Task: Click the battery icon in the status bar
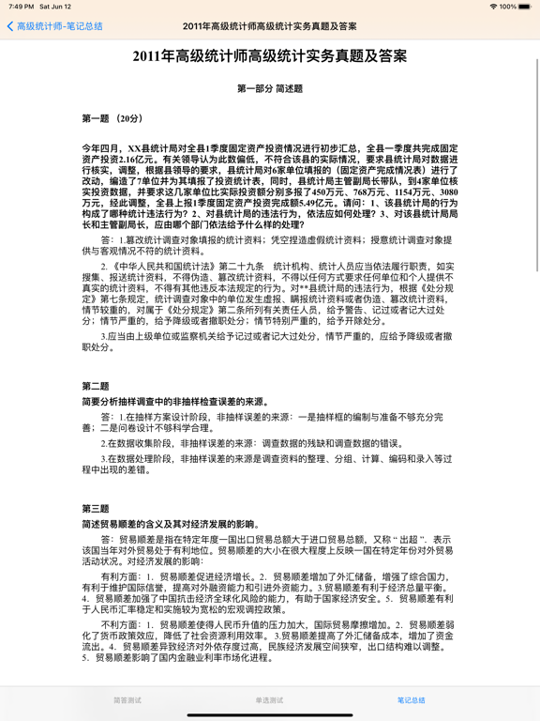(526, 7)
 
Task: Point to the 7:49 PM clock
(21, 7)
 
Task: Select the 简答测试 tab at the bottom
(127, 700)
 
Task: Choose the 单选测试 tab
(269, 700)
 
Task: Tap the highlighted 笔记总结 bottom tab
(411, 700)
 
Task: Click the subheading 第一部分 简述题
(270, 89)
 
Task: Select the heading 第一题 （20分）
(112, 119)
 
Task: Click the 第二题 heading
(96, 386)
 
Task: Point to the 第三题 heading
(96, 509)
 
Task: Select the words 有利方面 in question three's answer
(119, 575)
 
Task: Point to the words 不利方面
(119, 623)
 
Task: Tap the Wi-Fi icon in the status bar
(493, 7)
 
